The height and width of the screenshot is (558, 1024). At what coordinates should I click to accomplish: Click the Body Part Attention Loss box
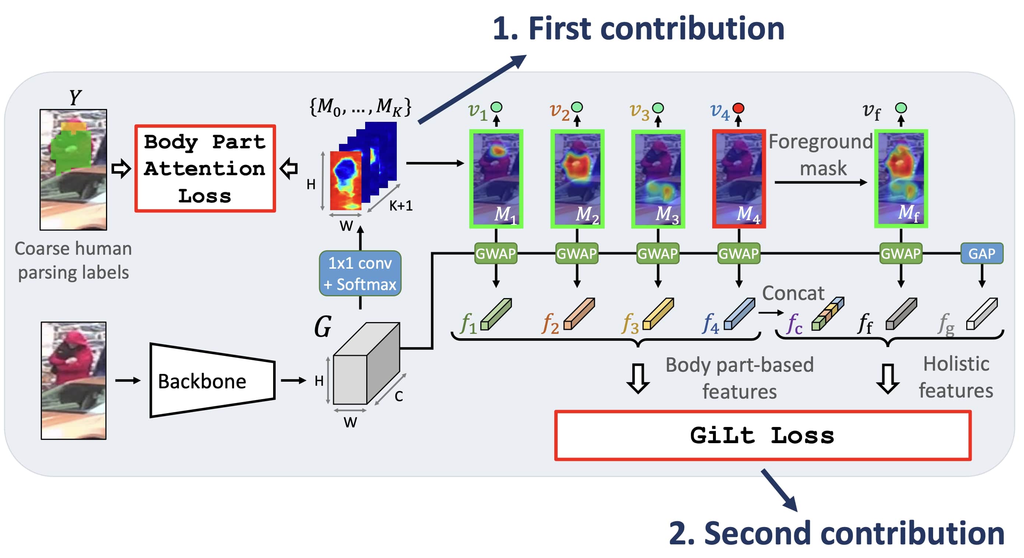(205, 169)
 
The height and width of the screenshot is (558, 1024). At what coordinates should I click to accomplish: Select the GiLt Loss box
(762, 435)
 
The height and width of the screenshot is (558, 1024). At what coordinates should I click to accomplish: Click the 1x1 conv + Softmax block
(360, 273)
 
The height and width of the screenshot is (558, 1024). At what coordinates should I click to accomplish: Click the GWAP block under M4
(739, 254)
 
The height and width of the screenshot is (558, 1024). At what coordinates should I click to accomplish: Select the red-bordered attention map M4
(739, 179)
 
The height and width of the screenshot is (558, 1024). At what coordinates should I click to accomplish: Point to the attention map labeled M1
(496, 179)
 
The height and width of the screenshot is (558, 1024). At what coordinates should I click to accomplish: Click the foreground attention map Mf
(901, 179)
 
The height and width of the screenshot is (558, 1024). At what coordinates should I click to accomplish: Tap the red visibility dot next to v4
(739, 108)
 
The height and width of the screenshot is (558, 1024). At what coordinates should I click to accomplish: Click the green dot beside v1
(496, 107)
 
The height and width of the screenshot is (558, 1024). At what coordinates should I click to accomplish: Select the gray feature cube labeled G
(366, 364)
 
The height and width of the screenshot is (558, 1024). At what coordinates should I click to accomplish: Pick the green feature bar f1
(496, 314)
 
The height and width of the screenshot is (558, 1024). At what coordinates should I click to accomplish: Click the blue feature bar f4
(739, 314)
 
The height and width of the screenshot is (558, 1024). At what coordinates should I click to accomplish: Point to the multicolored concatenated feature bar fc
(827, 314)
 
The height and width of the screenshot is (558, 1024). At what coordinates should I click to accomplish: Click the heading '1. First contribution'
(638, 29)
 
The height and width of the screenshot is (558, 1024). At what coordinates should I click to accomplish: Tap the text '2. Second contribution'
(836, 533)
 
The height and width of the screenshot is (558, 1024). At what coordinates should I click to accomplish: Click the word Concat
(793, 293)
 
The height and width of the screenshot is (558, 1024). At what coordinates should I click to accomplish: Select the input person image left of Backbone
(74, 380)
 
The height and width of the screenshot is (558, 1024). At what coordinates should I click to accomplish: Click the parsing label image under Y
(73, 170)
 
